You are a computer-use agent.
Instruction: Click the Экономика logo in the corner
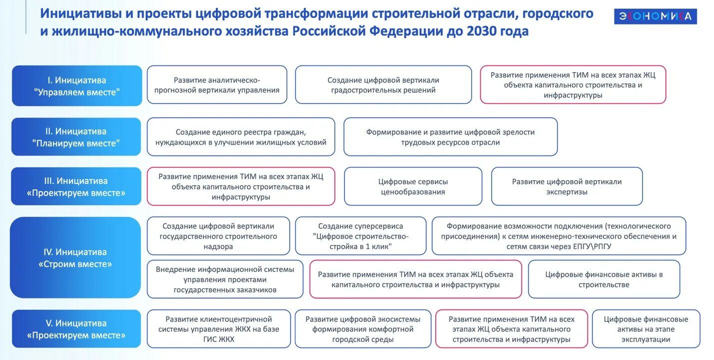click(655, 16)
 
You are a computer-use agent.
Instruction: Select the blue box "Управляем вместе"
click(77, 85)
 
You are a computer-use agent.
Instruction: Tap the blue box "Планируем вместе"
click(76, 137)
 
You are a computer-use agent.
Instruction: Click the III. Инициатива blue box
click(76, 186)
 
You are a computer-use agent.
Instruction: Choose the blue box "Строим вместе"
click(75, 257)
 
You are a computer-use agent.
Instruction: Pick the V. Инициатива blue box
click(76, 329)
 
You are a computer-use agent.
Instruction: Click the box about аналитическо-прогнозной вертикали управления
click(217, 85)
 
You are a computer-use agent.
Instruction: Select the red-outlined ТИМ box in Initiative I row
click(573, 85)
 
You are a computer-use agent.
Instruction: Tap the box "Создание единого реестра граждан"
click(241, 137)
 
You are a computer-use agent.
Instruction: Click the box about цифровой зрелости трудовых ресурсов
click(450, 137)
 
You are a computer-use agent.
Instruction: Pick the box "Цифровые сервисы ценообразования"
click(413, 186)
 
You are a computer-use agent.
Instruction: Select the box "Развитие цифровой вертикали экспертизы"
click(567, 186)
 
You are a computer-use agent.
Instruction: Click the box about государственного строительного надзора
click(218, 236)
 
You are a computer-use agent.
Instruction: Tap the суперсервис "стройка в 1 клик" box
click(361, 236)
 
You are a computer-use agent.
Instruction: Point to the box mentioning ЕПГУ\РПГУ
click(559, 236)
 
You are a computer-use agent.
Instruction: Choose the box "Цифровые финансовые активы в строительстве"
click(604, 279)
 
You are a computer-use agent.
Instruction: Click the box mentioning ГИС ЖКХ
click(219, 329)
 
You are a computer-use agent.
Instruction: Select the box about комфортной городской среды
click(363, 329)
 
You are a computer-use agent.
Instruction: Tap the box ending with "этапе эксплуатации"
click(646, 329)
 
